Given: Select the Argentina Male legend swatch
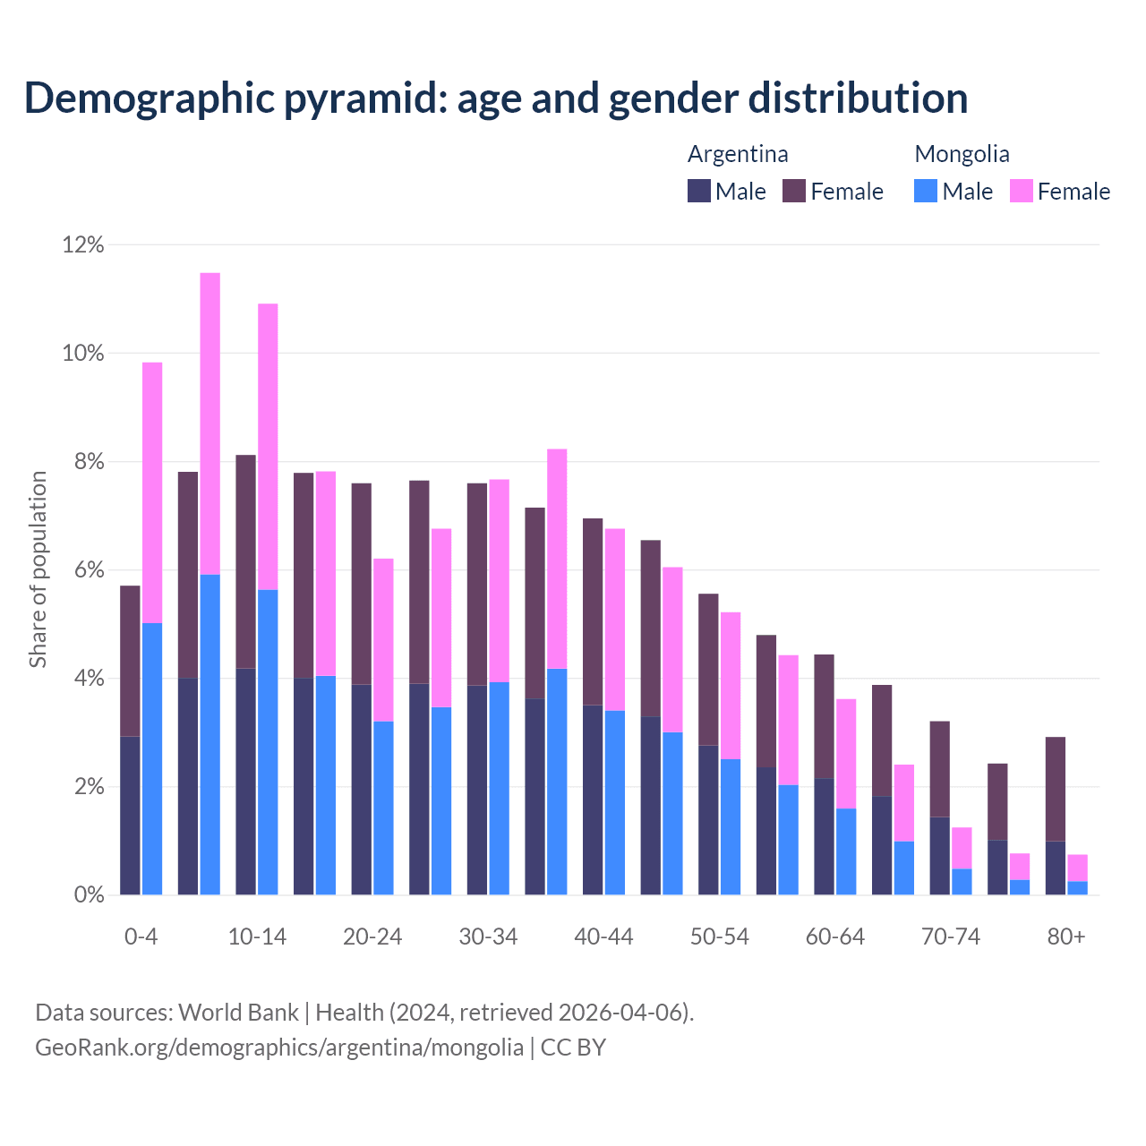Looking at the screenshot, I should [698, 191].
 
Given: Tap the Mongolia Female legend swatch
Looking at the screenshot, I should [1021, 191].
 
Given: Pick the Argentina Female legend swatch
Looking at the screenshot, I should [794, 191].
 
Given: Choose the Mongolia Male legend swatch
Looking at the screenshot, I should [926, 191].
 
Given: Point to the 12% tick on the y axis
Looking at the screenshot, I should [83, 244].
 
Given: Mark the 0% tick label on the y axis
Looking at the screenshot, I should [88, 895].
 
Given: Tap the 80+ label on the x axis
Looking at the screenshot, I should [1066, 936].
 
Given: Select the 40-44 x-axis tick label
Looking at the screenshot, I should [603, 936].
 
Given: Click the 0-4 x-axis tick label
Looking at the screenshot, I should [141, 936].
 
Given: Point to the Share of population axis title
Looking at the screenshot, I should [38, 569].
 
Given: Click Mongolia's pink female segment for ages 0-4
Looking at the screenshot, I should [152, 492].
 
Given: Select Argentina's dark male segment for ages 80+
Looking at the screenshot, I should [1056, 868].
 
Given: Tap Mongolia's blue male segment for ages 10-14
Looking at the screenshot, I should [268, 741].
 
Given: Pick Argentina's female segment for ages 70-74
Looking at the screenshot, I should [939, 768].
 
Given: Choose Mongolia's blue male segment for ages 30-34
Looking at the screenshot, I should [499, 788].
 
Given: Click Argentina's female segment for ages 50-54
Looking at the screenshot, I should [708, 669].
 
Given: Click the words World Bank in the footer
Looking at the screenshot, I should [238, 1013].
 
